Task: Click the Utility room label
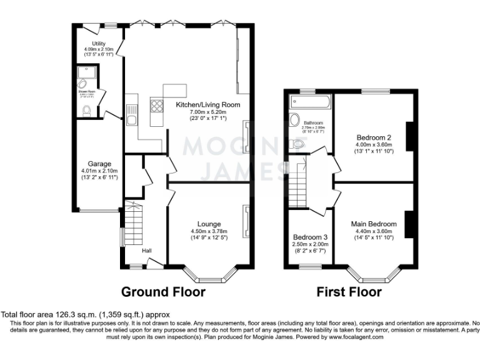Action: (98, 43)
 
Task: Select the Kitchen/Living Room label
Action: (199, 104)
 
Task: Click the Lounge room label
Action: (209, 224)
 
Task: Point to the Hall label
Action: (147, 251)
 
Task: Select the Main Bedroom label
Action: (374, 224)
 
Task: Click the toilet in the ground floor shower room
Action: (87, 111)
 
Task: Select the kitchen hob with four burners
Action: (156, 105)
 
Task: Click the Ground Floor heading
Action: (162, 291)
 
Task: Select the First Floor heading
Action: (349, 291)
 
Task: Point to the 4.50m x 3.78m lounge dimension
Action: (209, 231)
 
